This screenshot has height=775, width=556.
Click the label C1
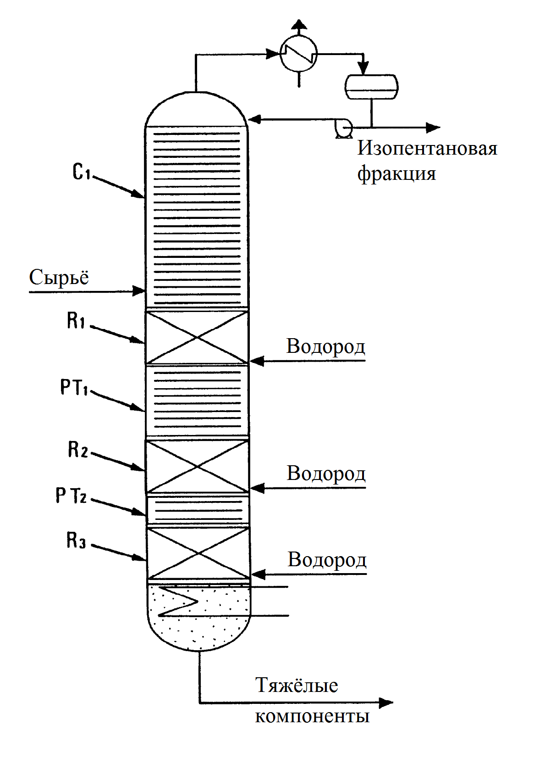(82, 172)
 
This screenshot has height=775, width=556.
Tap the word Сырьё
(59, 278)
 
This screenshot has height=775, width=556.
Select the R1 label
(76, 320)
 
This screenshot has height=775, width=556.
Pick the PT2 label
(71, 496)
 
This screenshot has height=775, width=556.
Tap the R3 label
(76, 540)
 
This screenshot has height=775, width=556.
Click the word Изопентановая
(427, 149)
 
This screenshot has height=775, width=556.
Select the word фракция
(396, 174)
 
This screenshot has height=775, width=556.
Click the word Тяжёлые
(297, 686)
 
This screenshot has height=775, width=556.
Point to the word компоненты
(312, 716)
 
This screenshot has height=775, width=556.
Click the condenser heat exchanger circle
(299, 54)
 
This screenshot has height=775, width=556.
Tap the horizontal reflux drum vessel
(371, 87)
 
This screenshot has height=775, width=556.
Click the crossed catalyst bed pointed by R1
(197, 338)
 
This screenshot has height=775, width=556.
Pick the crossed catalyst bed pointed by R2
(197, 466)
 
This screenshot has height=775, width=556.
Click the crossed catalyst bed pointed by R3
(198, 553)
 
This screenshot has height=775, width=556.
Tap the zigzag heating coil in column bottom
(179, 601)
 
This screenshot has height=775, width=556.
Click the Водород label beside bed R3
(327, 560)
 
